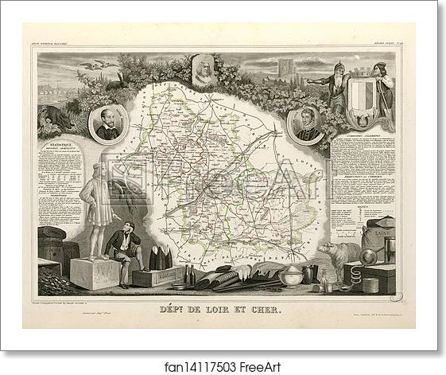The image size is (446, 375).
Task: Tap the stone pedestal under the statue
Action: tap(95, 273)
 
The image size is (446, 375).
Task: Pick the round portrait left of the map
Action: tap(109, 123)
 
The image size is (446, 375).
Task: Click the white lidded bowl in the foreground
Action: tap(292, 275)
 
